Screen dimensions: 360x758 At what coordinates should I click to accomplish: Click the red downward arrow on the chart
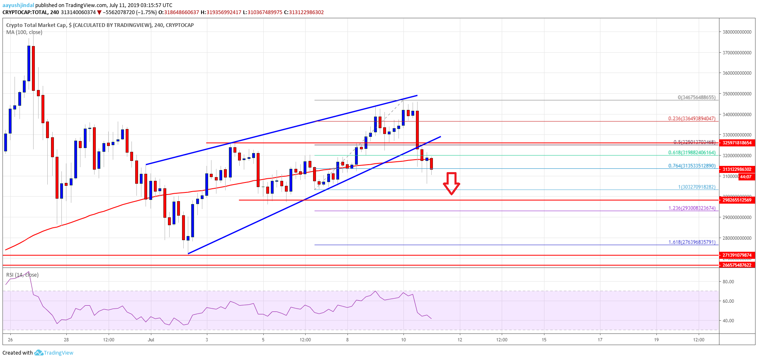451,183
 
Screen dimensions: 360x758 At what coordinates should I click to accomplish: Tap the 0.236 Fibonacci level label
692,119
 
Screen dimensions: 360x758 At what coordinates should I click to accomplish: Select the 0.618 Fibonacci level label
692,153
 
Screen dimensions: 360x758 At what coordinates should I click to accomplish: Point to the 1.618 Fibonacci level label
692,242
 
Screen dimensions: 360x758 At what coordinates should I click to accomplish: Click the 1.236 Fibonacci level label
692,208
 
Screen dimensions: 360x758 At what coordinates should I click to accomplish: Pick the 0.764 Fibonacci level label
692,166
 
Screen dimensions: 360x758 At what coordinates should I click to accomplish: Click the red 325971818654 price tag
737,143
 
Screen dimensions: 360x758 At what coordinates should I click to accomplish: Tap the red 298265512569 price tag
737,200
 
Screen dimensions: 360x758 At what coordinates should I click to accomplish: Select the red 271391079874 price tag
737,255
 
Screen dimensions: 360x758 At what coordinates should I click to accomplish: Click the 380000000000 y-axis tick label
737,32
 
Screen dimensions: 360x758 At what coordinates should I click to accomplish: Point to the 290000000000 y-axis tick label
737,217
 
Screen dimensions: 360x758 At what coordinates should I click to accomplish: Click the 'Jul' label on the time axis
151,340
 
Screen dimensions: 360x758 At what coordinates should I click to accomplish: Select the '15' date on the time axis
544,340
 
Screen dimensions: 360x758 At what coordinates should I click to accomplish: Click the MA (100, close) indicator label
24,32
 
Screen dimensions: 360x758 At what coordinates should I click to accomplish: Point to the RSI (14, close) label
22,275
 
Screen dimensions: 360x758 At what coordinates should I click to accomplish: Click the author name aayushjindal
18,5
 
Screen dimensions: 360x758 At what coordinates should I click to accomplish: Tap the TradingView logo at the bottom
54,353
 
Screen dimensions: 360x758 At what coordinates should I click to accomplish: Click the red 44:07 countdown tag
746,177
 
